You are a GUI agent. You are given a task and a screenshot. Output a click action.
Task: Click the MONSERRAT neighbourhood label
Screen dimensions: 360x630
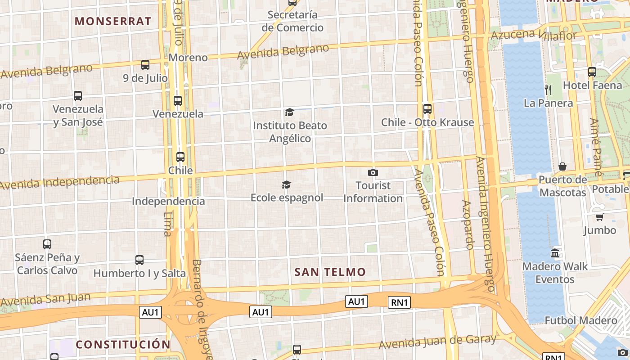[113, 21]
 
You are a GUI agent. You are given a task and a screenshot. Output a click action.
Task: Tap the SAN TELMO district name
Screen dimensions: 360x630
[330, 272]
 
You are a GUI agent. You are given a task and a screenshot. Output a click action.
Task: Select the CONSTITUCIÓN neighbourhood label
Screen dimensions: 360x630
[123, 345]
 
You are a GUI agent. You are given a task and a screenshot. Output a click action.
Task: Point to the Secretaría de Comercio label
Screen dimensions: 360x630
[292, 21]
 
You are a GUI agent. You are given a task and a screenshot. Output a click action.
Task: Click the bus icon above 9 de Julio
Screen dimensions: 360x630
[145, 65]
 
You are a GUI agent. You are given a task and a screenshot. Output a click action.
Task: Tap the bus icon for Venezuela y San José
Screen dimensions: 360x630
[78, 96]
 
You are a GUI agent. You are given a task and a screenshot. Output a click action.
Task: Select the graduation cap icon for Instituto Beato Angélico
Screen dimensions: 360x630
[289, 112]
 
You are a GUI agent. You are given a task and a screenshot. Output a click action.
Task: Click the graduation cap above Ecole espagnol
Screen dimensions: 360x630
[286, 184]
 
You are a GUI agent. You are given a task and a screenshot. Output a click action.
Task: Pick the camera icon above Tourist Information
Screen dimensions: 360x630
[373, 172]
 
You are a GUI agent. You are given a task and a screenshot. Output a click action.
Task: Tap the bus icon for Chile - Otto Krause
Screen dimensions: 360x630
[427, 109]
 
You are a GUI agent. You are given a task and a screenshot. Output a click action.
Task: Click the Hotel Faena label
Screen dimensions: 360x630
[592, 85]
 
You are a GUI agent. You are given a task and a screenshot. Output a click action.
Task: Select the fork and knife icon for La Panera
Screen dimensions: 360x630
[548, 90]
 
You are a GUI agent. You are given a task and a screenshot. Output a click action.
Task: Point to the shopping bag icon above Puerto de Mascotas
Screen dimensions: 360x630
[562, 167]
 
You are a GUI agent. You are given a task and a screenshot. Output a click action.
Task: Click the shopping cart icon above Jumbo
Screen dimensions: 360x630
[599, 217]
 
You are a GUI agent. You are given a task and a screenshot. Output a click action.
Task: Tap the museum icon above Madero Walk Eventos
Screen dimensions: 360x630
[555, 253]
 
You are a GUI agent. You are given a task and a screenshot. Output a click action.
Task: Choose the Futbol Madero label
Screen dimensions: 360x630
[581, 320]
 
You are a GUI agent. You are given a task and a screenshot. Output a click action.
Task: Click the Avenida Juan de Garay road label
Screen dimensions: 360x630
[437, 342]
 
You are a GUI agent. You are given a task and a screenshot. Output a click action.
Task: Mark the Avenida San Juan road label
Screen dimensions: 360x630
[45, 299]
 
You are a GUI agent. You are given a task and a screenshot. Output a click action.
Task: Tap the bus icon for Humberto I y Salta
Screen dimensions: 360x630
[139, 260]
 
